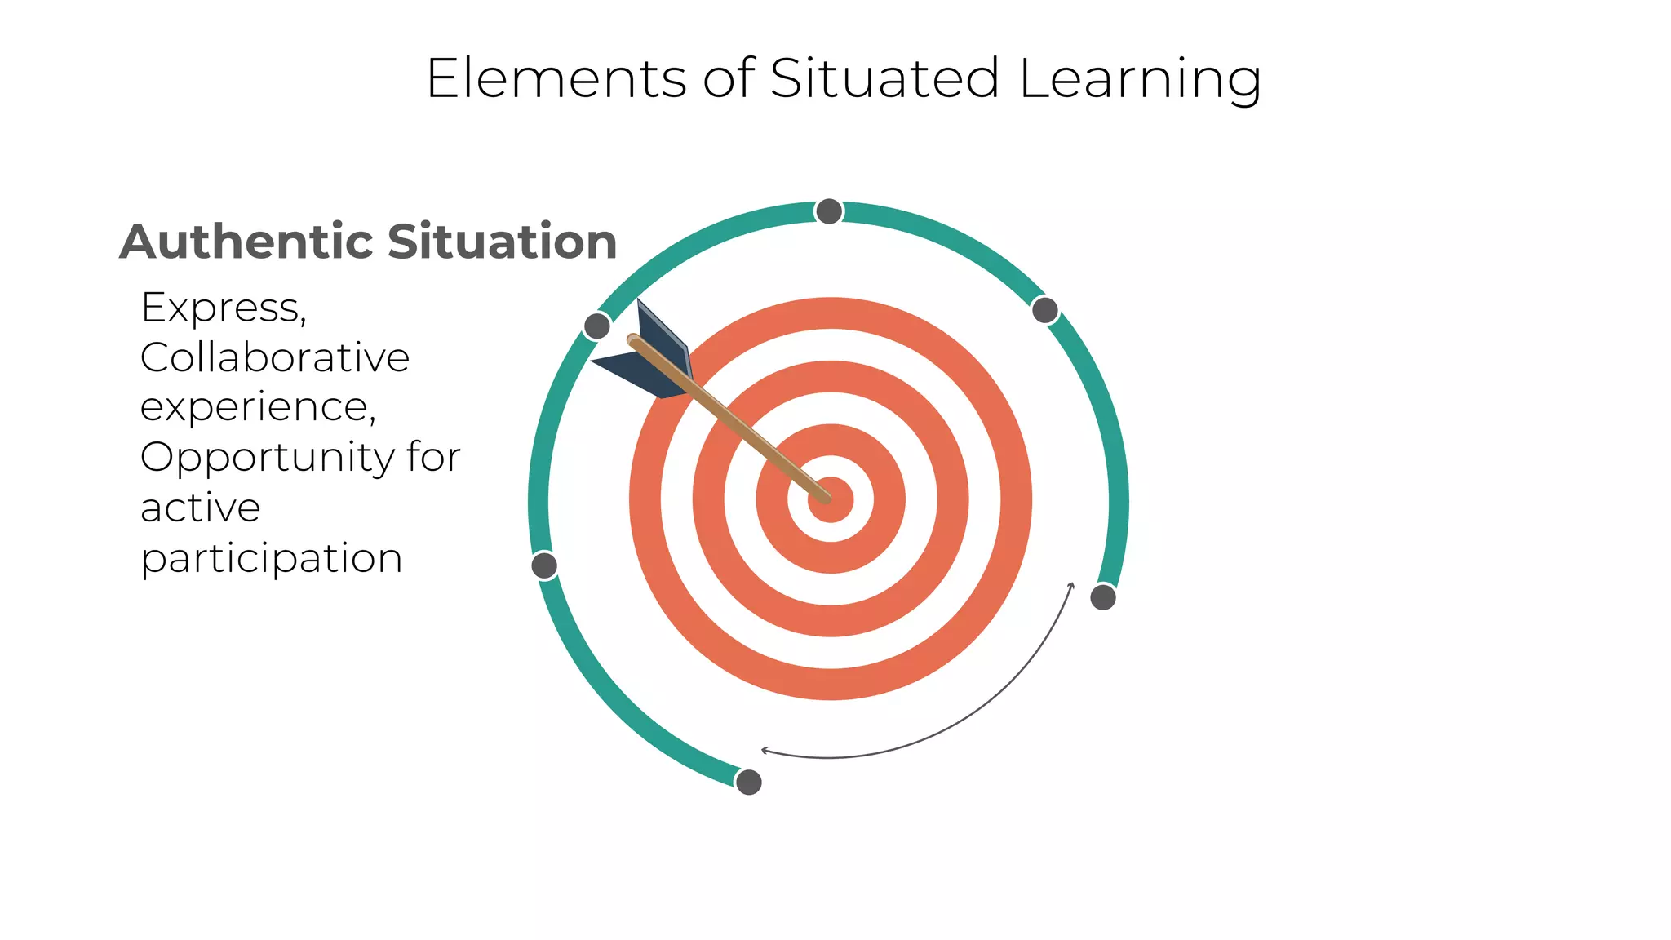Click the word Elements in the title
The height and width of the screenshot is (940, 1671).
pos(556,79)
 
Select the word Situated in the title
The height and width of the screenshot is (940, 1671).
pos(884,79)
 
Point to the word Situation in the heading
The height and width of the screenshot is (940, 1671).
pos(502,242)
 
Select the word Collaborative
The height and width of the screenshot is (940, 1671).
pos(274,357)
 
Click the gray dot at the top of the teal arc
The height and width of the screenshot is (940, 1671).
pos(829,212)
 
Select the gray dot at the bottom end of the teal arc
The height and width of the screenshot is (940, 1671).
pos(748,782)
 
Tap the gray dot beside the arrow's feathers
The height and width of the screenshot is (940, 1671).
pos(597,326)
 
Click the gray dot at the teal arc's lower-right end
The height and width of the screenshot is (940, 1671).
pos(1103,597)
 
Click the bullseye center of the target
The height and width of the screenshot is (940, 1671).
pos(831,499)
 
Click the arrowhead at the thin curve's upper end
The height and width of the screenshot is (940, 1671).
pos(1072,585)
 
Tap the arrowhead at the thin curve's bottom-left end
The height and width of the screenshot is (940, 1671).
pos(765,750)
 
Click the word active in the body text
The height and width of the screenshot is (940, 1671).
pos(200,508)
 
